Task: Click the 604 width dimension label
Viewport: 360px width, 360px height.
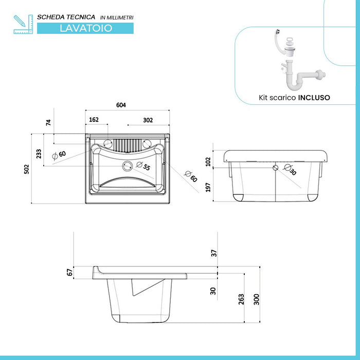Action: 121,105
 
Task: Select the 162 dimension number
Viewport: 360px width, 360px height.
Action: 94,120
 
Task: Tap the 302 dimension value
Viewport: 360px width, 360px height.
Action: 148,120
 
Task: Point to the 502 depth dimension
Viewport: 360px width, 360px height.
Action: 27,169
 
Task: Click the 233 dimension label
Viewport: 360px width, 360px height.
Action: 39,154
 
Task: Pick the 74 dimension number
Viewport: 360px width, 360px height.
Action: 48,122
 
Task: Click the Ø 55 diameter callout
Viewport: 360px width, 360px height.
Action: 143,166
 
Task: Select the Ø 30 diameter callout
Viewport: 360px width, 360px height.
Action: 290,169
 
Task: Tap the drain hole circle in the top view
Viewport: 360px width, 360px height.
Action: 127,166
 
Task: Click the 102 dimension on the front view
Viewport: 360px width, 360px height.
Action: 208,161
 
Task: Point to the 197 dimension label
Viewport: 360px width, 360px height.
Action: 208,187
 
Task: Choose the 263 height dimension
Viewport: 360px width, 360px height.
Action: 241,299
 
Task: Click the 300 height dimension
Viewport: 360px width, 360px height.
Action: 257,299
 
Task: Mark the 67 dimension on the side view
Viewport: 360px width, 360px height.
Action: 70,272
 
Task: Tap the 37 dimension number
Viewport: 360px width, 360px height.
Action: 214,253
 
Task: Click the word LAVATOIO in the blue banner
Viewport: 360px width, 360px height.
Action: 86,28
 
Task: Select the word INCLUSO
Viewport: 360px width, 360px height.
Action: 314,98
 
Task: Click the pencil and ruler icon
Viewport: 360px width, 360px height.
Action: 23,24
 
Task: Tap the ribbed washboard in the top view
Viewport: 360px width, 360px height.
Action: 128,145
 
